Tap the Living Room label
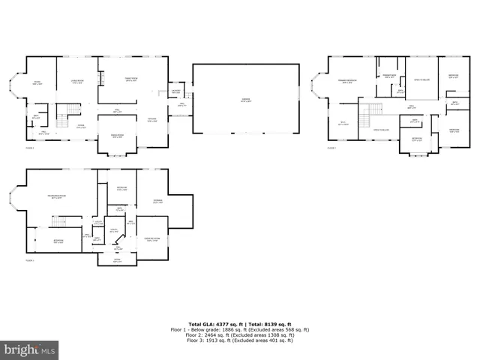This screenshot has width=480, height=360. pos(76,82)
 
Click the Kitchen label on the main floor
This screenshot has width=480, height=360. pos(151,120)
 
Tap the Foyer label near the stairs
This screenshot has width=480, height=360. pos(79,126)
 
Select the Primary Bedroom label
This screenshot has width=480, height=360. pos(346,82)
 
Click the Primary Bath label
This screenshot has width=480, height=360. pos(389,76)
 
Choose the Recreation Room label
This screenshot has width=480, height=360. pos(56,196)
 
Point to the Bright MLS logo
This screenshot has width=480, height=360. pos(30,349)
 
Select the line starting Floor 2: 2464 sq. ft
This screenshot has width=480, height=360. pos(238,334)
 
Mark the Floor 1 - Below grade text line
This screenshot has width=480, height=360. pos(238,329)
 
